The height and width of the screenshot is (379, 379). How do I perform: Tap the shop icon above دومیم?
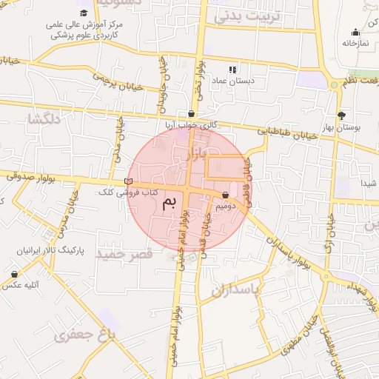click(225, 195)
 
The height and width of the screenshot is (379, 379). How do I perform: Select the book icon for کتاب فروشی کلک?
click(129, 181)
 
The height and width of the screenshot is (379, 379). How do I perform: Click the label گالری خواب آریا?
click(191, 125)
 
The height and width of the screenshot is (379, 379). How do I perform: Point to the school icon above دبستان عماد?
click(233, 69)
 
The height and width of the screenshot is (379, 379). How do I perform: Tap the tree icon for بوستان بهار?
click(341, 115)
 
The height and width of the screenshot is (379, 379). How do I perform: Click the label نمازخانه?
click(355, 43)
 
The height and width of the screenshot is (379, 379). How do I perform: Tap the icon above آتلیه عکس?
click(15, 274)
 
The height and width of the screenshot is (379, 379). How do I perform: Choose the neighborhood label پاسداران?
click(236, 291)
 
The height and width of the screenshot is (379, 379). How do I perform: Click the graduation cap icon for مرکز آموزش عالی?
click(83, 13)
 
